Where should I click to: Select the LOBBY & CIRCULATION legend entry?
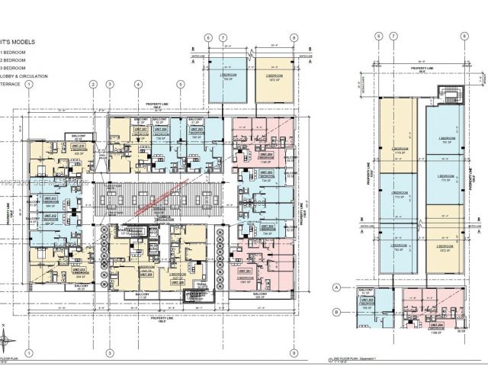[27, 76]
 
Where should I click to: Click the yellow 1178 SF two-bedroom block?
[399, 151]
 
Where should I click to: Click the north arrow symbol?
[6, 341]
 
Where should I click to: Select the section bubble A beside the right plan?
[358, 286]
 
